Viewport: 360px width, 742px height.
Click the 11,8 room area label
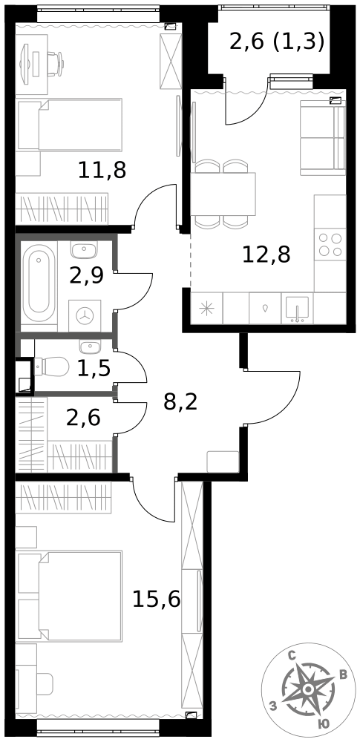[x=102, y=171]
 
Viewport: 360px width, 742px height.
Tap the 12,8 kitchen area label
[x=266, y=255]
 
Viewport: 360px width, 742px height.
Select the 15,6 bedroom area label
[x=157, y=600]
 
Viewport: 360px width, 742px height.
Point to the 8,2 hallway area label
[x=180, y=403]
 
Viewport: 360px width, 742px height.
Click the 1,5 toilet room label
[x=94, y=369]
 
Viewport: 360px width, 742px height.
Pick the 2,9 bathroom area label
[x=86, y=276]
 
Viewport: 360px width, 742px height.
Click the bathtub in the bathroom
[x=39, y=286]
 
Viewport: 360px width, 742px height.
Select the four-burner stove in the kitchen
[x=330, y=245]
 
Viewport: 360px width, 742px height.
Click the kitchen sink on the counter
[x=297, y=309]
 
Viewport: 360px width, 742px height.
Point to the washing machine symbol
[x=85, y=315]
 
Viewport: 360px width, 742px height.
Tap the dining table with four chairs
[x=223, y=194]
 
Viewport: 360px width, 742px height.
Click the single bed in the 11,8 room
[x=70, y=125]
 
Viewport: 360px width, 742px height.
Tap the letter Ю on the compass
[x=324, y=724]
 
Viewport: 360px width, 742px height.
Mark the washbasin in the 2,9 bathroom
[x=85, y=249]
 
